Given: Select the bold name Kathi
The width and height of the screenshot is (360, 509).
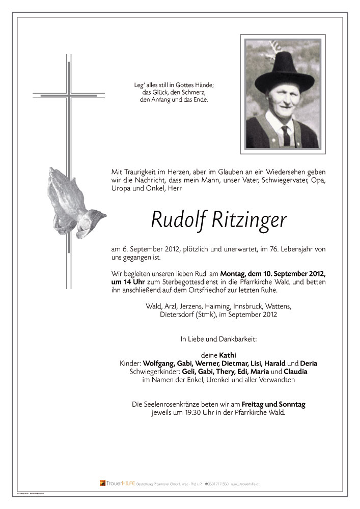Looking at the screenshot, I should pyautogui.click(x=228, y=355).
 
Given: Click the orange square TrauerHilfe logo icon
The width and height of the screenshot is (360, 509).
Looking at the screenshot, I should pyautogui.click(x=102, y=483).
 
